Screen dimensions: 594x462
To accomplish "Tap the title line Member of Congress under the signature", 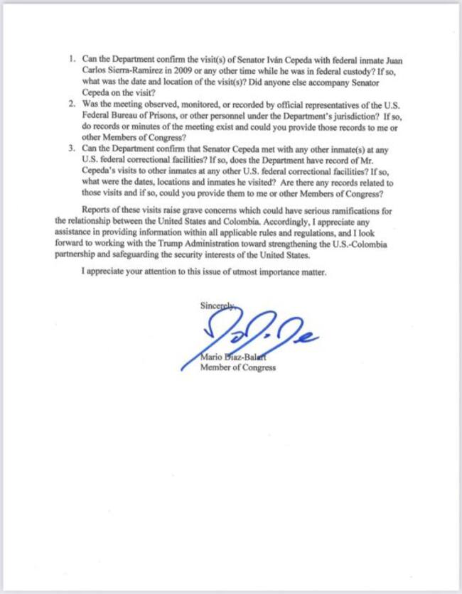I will (237, 368).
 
